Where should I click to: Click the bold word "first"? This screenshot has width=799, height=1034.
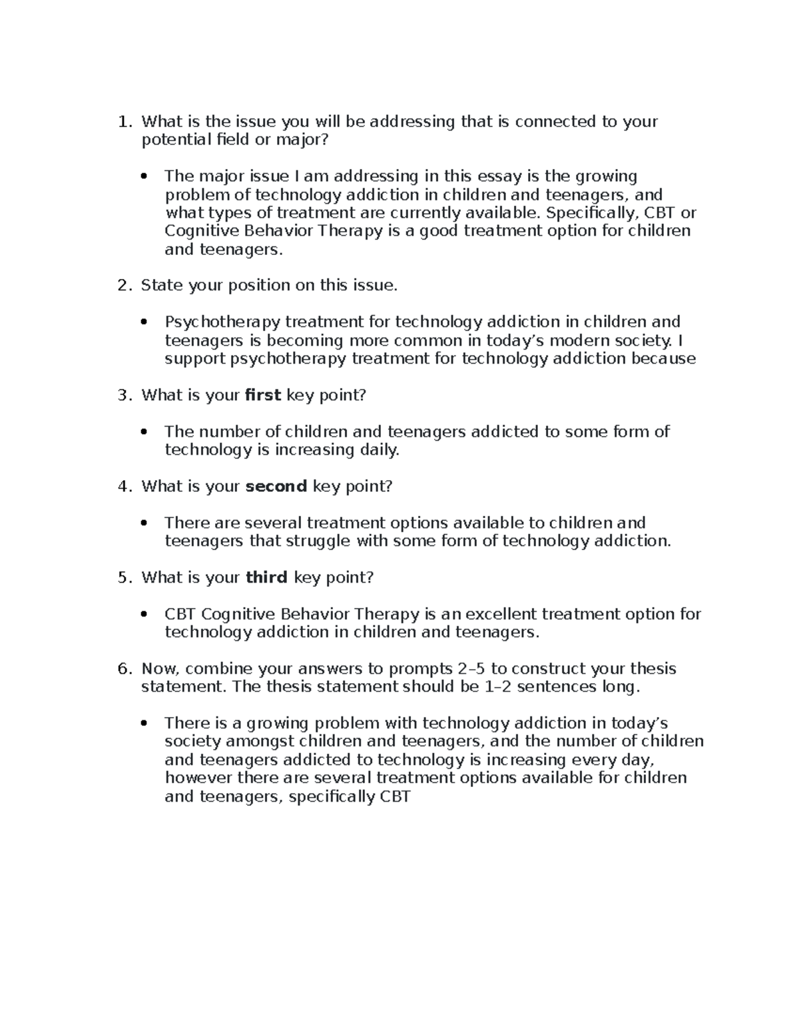[263, 395]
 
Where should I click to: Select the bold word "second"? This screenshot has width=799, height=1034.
[276, 486]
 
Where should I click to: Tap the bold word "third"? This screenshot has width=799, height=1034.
[266, 577]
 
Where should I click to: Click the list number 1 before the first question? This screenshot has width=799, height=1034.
[122, 121]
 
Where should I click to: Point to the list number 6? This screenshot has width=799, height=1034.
[123, 668]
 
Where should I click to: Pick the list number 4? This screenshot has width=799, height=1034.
[123, 486]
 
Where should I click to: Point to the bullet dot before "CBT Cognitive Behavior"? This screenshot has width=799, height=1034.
[144, 615]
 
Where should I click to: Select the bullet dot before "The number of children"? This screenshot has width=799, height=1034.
[144, 432]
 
